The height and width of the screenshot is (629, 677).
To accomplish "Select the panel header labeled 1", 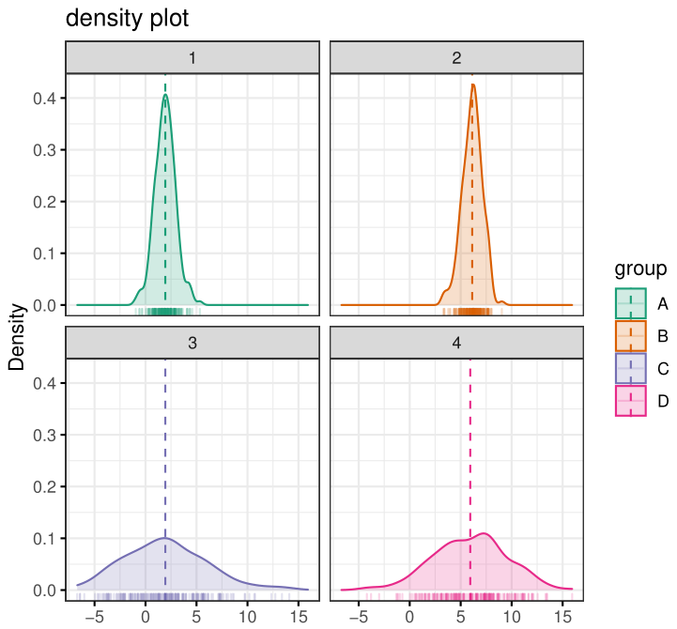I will [x=192, y=58].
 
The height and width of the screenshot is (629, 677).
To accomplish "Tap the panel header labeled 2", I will [x=457, y=58].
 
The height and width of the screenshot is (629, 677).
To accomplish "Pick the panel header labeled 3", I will [x=192, y=344].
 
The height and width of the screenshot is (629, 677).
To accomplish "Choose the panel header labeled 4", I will [x=457, y=344].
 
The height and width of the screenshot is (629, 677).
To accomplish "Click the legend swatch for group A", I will [x=630, y=304].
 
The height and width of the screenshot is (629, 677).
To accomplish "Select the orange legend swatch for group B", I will [x=630, y=336].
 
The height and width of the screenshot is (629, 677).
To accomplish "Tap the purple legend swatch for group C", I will [x=630, y=369].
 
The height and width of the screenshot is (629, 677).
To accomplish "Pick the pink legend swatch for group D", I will [x=630, y=401].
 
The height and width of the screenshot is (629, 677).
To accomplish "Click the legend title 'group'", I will [x=640, y=269].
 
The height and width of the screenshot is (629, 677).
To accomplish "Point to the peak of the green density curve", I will [x=165, y=95].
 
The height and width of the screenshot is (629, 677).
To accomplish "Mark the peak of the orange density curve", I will [x=472, y=85].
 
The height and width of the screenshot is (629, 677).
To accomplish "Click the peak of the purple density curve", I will [x=165, y=538].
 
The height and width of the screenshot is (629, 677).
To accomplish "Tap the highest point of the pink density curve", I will [x=485, y=534].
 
